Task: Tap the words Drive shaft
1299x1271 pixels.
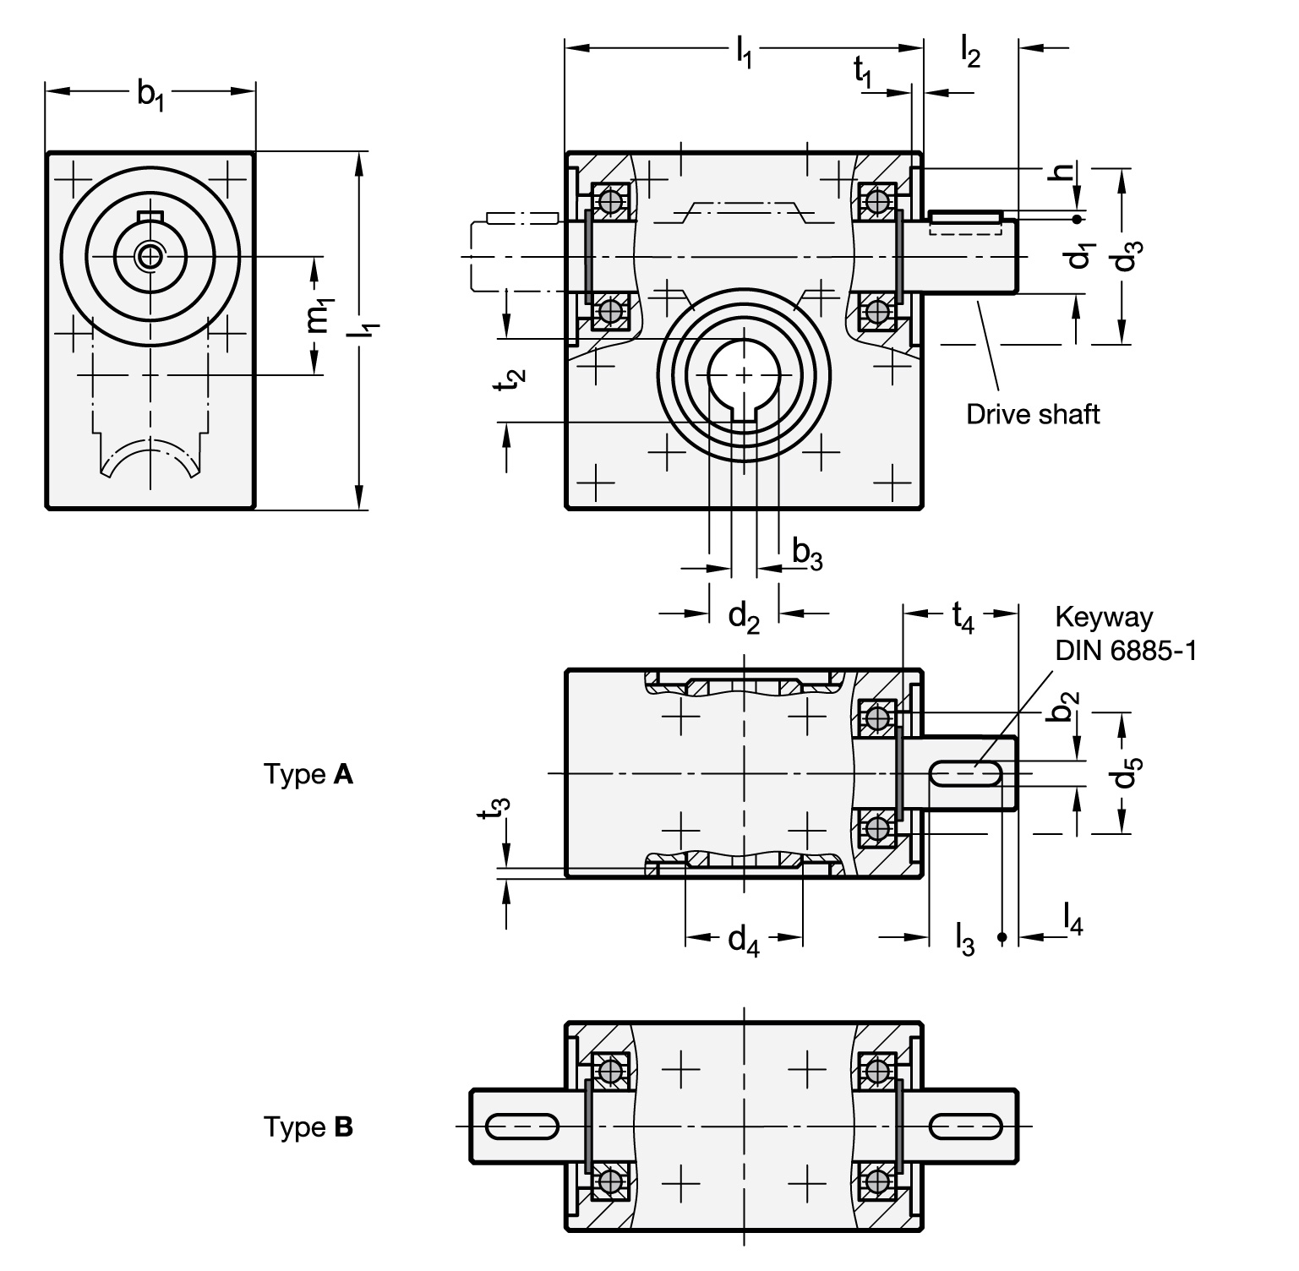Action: [1033, 414]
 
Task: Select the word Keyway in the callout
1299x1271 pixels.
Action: [1103, 618]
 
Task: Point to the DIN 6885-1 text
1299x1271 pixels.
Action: [1125, 650]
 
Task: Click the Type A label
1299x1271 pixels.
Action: [308, 774]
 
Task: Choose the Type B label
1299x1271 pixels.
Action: [308, 1127]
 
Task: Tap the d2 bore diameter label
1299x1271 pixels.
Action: [744, 618]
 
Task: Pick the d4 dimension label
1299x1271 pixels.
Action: [744, 939]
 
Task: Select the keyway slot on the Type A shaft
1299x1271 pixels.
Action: [967, 774]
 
